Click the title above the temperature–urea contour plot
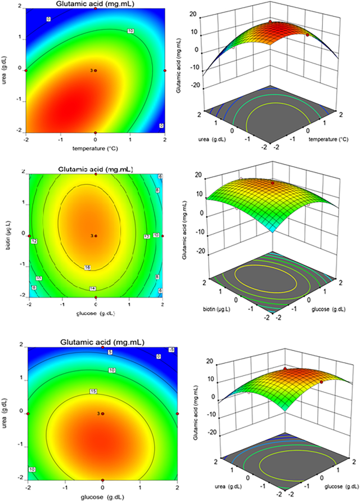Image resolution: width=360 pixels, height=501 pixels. click(x=95, y=4)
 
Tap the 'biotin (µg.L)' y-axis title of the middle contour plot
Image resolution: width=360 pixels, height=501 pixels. click(x=10, y=235)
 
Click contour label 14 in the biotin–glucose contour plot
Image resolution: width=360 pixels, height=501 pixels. click(x=91, y=288)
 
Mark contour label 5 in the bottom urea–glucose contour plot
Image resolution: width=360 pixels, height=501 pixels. click(x=110, y=352)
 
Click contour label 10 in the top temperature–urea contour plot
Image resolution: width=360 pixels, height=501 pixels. click(x=131, y=31)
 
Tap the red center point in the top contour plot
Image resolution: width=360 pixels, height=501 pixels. click(x=95, y=70)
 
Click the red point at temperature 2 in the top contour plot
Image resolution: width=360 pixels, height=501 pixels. click(x=165, y=70)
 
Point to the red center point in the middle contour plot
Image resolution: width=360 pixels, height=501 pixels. click(x=95, y=236)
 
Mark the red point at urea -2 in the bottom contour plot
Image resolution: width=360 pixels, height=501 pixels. click(x=103, y=480)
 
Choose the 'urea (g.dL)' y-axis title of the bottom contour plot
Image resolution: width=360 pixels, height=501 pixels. click(x=10, y=413)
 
